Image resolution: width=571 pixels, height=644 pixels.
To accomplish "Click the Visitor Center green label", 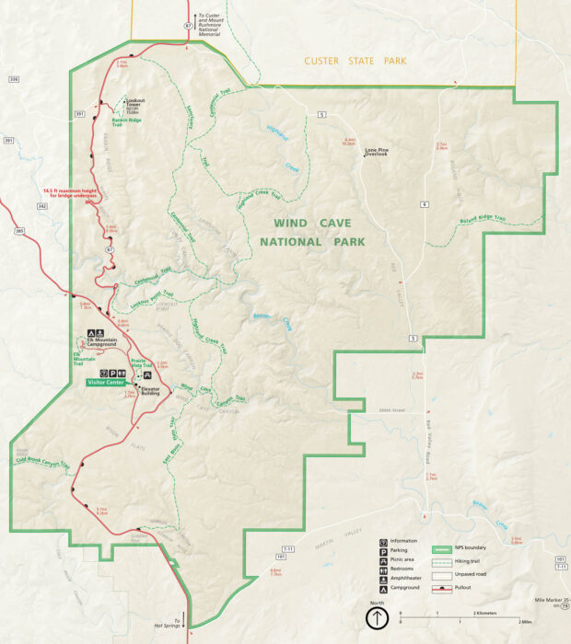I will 107,381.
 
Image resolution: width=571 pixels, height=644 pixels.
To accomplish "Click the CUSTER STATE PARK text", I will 355,61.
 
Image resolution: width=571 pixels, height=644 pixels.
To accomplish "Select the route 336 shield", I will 13,80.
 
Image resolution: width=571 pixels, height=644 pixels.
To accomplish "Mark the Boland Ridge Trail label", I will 482,220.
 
